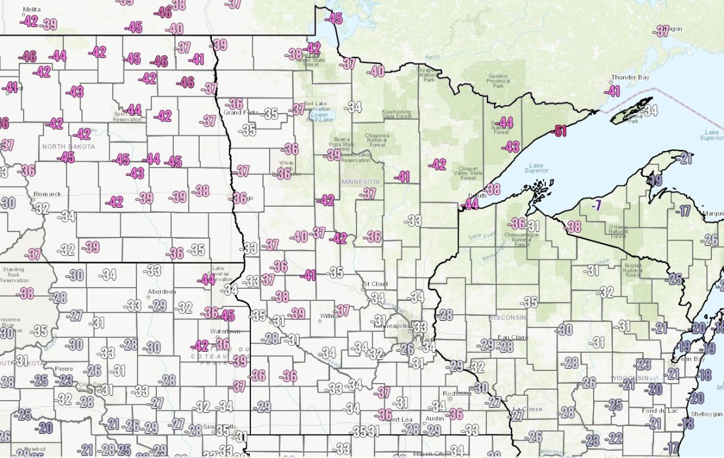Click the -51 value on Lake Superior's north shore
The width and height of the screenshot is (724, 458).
pyautogui.click(x=561, y=131)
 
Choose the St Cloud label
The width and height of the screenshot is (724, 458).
pyautogui.click(x=372, y=283)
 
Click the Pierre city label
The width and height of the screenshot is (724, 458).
pyautogui.click(x=64, y=368)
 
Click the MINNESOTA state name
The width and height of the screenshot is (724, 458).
pyautogui.click(x=360, y=182)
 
